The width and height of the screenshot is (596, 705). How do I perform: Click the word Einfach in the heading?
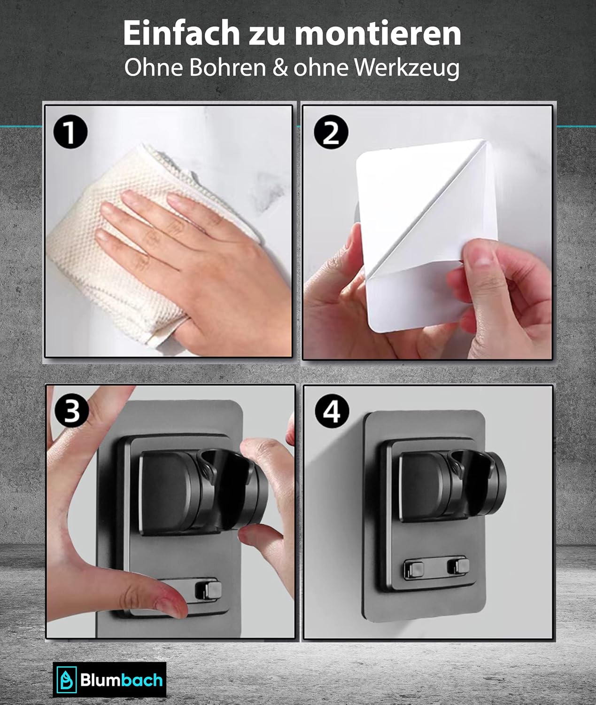point(181,33)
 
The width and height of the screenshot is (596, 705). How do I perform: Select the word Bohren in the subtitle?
point(227,68)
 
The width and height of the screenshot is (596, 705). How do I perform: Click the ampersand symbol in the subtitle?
point(279,68)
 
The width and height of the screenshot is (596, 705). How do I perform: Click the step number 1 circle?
point(70,132)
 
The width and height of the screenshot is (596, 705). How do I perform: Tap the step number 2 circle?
point(331,133)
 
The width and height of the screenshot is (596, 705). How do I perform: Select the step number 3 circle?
point(71,411)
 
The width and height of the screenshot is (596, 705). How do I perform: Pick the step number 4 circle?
point(332,412)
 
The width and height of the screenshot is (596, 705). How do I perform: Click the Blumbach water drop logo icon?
point(67,680)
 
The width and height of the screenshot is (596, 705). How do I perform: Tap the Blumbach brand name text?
point(121,680)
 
